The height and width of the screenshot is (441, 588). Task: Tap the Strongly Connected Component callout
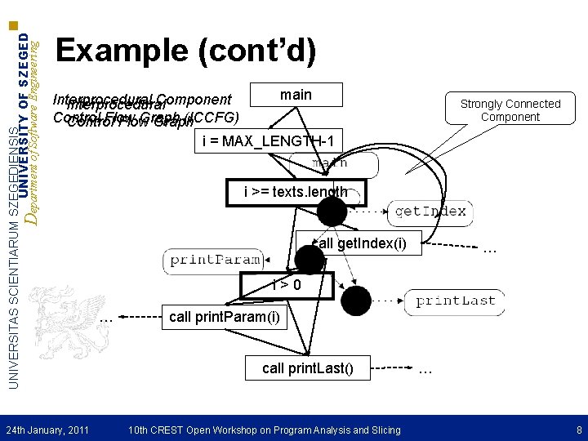(x=510, y=110)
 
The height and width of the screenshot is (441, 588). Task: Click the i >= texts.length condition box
(x=296, y=194)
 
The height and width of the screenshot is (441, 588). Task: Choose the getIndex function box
(x=430, y=212)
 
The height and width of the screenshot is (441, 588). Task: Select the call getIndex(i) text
(x=360, y=243)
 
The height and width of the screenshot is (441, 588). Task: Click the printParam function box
(x=216, y=260)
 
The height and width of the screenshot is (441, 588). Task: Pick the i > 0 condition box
(x=287, y=286)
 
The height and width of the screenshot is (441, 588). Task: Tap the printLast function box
(x=455, y=301)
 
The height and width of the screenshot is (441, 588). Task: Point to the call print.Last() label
(x=309, y=368)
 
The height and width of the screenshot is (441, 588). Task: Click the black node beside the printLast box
(x=356, y=301)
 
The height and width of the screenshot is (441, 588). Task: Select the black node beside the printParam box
(x=310, y=260)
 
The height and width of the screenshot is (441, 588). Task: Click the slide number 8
(x=578, y=430)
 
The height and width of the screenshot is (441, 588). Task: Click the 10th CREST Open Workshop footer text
(x=265, y=430)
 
